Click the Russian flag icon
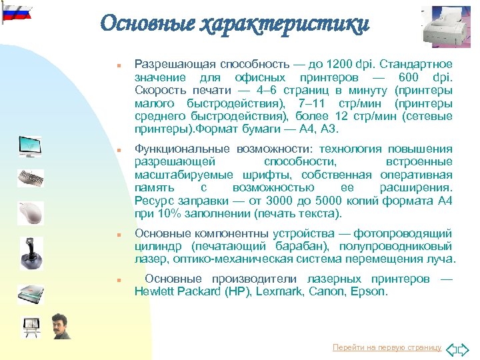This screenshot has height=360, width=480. (15, 13)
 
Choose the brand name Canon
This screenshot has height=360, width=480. (321, 291)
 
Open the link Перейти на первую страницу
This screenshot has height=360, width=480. (387, 347)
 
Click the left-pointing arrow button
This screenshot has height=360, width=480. (450, 348)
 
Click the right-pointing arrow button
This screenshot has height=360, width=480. (466, 348)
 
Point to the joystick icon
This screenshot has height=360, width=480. (31, 249)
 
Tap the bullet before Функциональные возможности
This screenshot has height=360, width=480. (117, 151)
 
